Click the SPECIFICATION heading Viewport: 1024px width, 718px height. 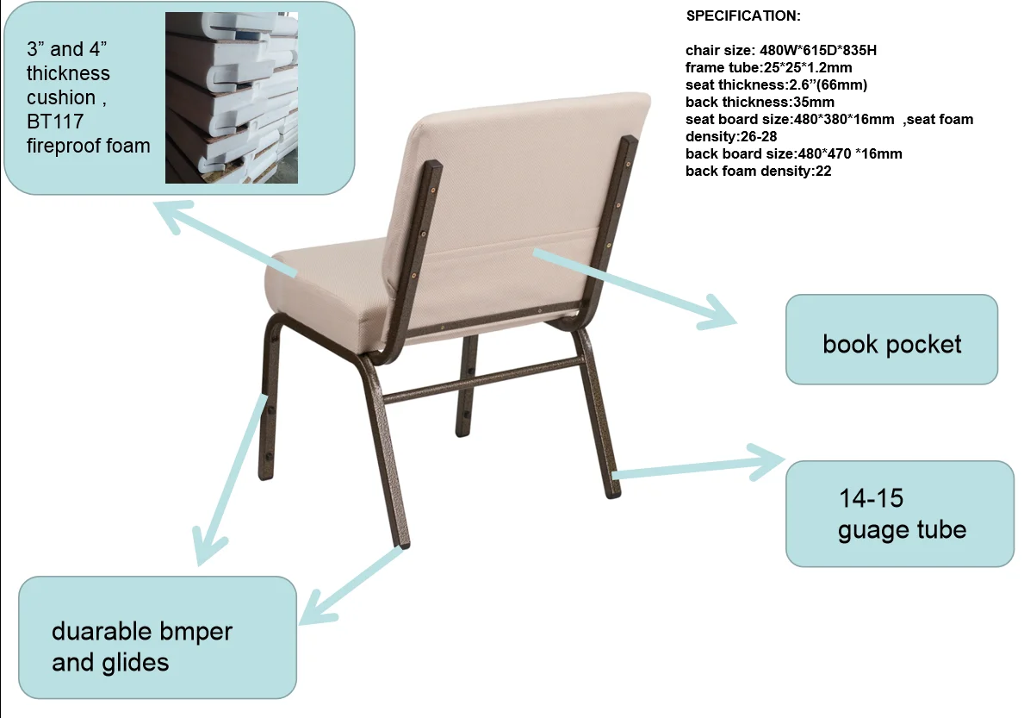[x=743, y=16]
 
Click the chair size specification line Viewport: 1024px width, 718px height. [x=781, y=50]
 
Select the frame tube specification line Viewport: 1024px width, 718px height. [x=769, y=67]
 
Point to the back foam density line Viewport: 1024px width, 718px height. [x=758, y=172]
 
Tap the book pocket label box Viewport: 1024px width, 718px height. [x=891, y=339]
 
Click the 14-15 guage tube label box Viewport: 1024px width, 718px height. [x=900, y=514]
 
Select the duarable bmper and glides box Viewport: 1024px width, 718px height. [x=158, y=637]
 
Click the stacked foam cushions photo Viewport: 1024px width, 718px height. [x=231, y=97]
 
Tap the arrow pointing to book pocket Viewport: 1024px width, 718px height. [x=635, y=288]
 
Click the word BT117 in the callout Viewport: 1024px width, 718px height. [x=55, y=122]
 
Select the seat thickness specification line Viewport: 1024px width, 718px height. [x=777, y=85]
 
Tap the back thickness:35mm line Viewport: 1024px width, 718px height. [x=760, y=102]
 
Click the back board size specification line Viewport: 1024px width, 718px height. [x=793, y=154]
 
